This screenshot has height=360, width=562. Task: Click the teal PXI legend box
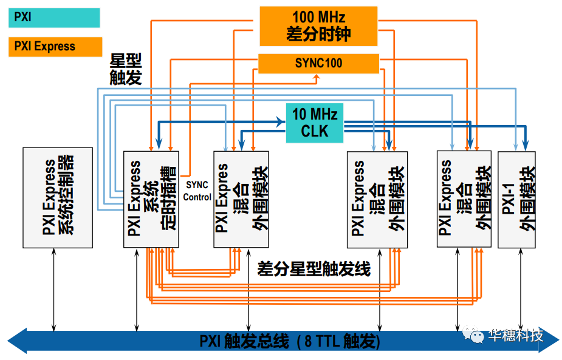[53, 18]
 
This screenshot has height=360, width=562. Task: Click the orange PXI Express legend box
[55, 47]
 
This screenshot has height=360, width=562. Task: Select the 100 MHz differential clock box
[318, 26]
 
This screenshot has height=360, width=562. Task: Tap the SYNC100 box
[318, 63]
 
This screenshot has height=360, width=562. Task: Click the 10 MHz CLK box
[314, 123]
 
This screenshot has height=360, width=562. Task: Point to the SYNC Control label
[197, 191]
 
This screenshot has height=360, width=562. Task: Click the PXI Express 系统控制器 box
[58, 197]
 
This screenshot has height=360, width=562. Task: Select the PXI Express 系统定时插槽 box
[151, 199]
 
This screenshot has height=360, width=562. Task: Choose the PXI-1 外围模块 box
[516, 199]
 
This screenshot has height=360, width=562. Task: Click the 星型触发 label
[125, 69]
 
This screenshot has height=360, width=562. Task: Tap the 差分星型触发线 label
[314, 269]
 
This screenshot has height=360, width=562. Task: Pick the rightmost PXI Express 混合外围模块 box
[464, 199]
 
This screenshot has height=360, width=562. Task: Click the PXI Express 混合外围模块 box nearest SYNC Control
[241, 199]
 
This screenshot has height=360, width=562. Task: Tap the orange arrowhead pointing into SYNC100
[316, 78]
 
